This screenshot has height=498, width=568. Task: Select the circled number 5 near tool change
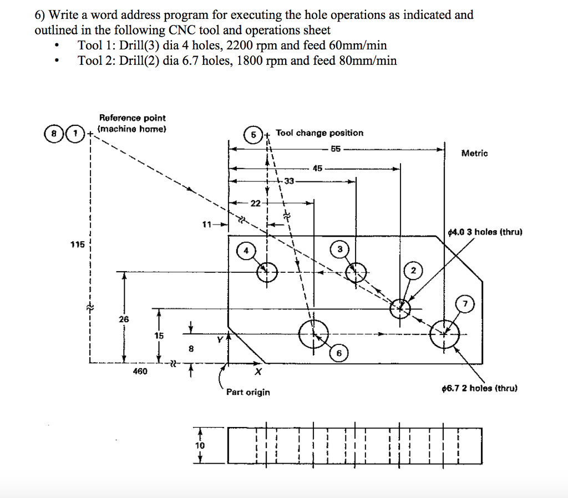253,135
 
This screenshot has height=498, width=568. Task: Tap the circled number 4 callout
245,251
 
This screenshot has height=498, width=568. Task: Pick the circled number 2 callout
413,271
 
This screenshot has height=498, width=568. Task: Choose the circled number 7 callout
465,303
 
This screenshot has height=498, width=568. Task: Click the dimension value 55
336,149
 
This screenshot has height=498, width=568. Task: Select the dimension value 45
317,167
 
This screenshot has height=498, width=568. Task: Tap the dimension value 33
290,181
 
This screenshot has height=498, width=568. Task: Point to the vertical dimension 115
77,244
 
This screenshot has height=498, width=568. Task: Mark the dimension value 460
140,371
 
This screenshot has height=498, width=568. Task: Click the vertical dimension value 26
123,319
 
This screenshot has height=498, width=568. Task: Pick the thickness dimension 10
200,445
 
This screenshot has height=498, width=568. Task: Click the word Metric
474,153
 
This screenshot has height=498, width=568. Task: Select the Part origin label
248,392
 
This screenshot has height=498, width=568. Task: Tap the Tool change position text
319,133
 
